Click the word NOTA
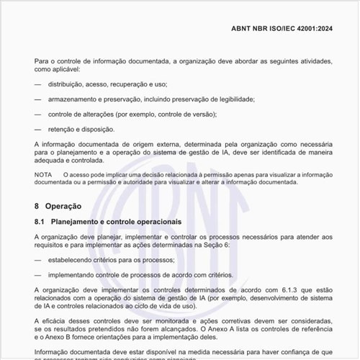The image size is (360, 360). point(43,175)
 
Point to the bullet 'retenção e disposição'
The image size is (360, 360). point(81,129)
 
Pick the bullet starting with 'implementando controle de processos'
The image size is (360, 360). point(140,274)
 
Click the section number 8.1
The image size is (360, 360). point(40,221)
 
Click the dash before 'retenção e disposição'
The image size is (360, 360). point(37,129)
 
